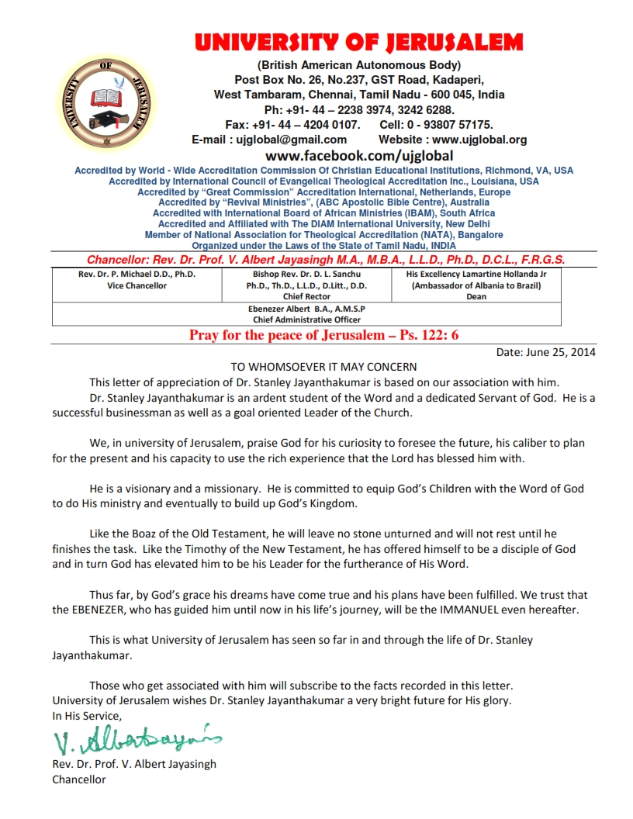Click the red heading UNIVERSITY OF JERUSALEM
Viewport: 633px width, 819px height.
358,42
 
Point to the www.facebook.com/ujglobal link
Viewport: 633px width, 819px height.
359,156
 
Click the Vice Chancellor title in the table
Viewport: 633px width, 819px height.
137,285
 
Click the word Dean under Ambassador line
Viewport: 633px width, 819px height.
476,296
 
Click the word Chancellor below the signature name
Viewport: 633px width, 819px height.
79,779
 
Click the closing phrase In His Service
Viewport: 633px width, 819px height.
87,716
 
